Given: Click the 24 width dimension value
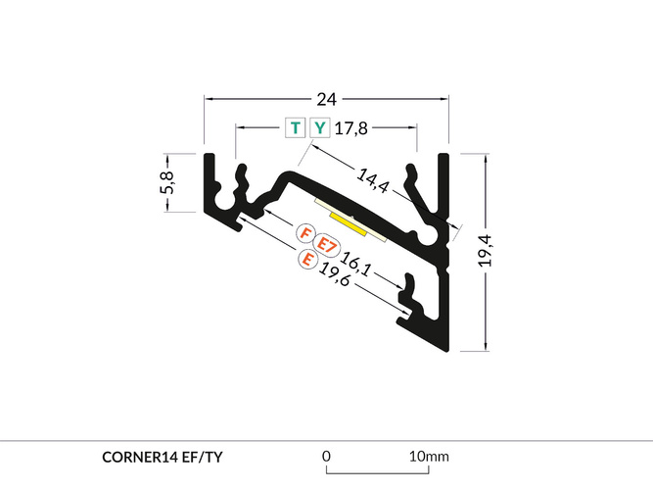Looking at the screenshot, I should (327, 99).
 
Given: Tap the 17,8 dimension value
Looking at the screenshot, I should (352, 127).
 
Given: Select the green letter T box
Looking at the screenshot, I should (296, 127).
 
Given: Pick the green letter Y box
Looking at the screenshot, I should (320, 127).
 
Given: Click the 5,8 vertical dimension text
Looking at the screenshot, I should (167, 182).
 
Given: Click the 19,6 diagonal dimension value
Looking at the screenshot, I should (336, 277).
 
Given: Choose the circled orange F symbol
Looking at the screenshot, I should (305, 235).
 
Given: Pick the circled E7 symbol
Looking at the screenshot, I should (326, 245).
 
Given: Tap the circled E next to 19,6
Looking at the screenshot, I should (307, 260).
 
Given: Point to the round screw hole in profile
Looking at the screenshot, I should (428, 236).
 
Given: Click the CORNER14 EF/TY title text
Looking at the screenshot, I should (166, 457).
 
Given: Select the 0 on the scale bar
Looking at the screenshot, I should (326, 456).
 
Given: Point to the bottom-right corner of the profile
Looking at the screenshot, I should (448, 346).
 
